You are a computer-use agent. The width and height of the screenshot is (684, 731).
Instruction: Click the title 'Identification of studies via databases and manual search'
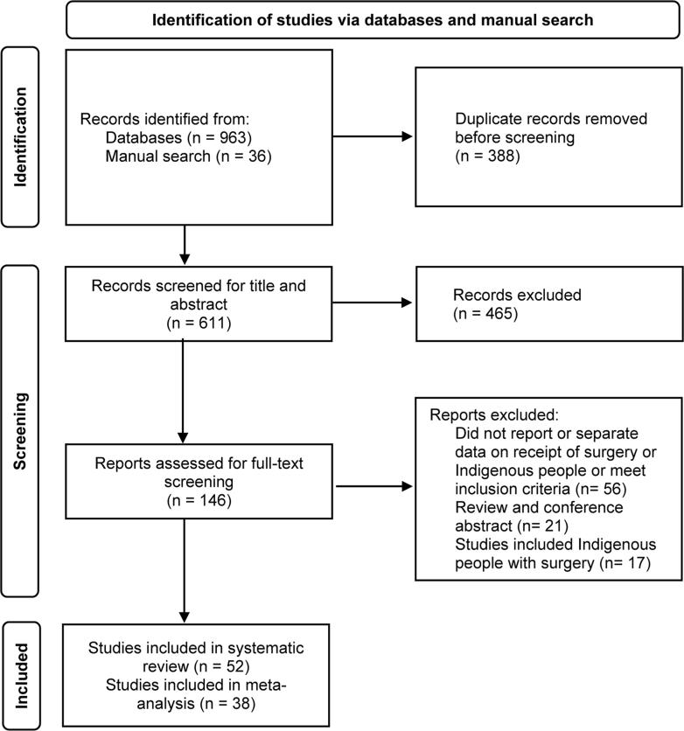coord(373,19)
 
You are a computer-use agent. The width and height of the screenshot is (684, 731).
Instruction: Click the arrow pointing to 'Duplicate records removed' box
coord(373,136)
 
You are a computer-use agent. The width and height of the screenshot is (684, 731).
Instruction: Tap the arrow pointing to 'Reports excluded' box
coord(373,485)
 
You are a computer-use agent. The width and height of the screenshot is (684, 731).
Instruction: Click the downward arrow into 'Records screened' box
coord(184,247)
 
